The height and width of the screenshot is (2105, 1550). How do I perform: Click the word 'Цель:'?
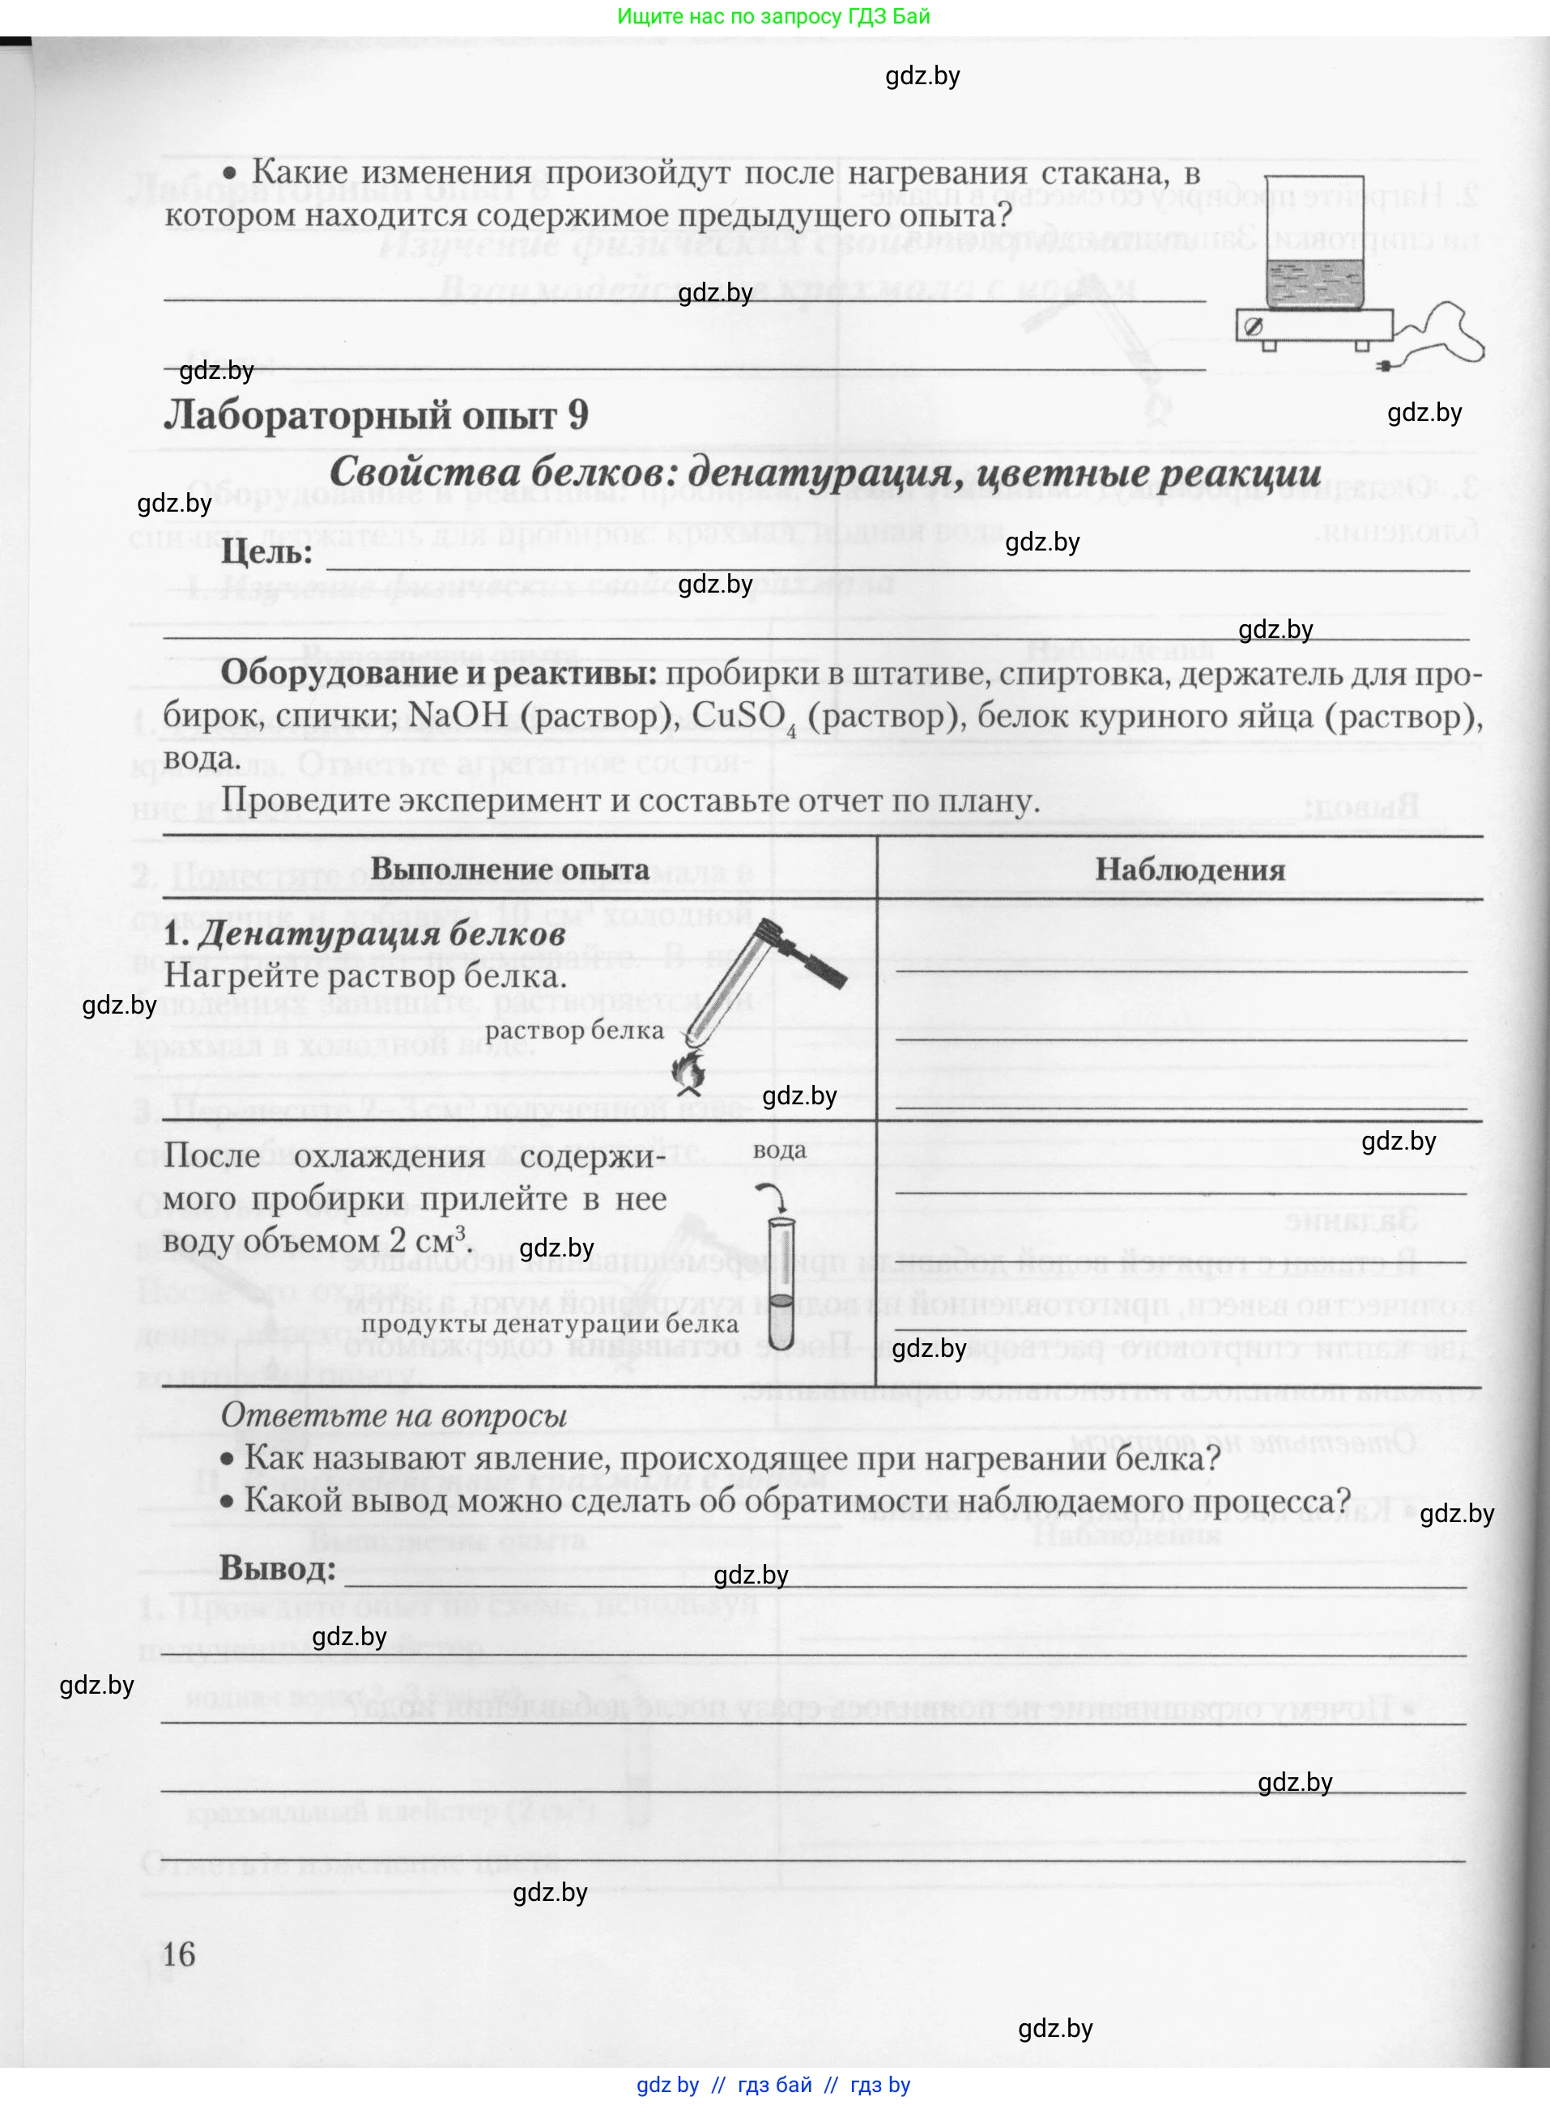coord(266,551)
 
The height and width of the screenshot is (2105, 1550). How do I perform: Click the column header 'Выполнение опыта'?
coord(509,869)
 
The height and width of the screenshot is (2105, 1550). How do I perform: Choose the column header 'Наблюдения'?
coord(1190,870)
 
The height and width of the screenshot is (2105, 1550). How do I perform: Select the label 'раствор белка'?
coord(574,1030)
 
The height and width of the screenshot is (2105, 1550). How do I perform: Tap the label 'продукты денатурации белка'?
coord(550,1324)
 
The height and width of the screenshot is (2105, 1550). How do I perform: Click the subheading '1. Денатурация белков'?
coord(364,934)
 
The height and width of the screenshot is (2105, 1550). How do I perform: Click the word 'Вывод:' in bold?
coord(278,1568)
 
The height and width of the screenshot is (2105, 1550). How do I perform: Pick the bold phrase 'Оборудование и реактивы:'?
coord(438,674)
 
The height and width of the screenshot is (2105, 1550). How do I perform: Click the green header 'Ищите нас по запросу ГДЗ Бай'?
coord(774,17)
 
